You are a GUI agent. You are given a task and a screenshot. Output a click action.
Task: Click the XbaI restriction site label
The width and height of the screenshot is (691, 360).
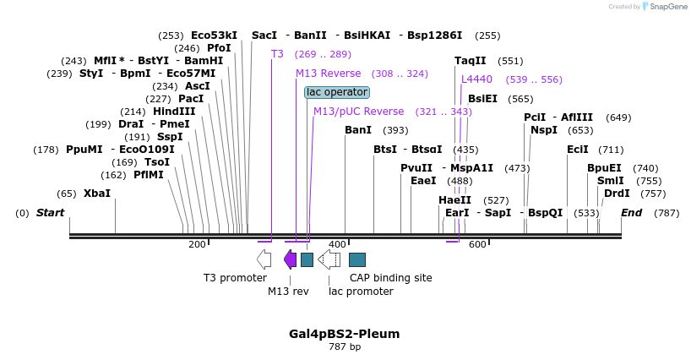pos(96,194)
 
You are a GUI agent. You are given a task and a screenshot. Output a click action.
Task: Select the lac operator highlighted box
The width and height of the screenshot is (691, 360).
pos(337,92)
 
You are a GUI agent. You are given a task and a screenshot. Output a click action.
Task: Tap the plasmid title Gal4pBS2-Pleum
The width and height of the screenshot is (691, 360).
pos(345,334)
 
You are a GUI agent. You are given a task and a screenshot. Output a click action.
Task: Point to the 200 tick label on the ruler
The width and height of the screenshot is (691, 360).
pos(197,245)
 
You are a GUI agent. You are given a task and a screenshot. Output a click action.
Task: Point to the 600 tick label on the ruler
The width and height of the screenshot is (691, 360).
pos(477,245)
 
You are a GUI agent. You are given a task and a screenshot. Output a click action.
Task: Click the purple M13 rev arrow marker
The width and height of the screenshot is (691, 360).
pos(290,259)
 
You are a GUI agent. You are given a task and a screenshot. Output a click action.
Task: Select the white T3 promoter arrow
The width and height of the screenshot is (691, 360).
pos(264,259)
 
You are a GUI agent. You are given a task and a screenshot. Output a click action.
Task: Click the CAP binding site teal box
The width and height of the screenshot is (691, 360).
pos(357,259)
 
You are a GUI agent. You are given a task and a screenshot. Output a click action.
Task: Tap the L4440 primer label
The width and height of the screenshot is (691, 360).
pos(476,79)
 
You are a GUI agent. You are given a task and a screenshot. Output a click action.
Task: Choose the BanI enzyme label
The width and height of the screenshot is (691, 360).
pos(358,130)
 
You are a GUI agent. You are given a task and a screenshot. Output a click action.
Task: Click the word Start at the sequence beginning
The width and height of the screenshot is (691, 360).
pos(50,213)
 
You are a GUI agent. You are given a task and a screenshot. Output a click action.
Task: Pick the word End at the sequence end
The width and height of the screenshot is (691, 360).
pos(632,213)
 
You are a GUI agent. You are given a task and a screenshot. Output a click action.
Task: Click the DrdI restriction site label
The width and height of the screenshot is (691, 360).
pos(617,194)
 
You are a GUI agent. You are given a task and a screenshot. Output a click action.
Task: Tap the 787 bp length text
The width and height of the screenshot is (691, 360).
pos(345,347)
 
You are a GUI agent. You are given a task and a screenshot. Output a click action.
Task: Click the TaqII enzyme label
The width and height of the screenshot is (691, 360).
pos(471,61)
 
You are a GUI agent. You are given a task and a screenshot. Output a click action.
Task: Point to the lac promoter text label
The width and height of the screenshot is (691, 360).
pos(361,292)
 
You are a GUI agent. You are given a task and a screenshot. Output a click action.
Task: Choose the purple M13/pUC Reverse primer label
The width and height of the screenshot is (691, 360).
pos(358,112)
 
